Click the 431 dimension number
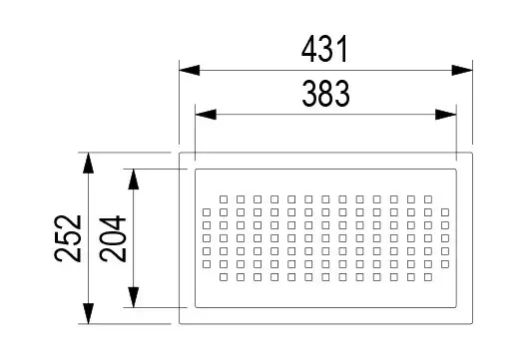pos(324,50)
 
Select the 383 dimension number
pos(325,94)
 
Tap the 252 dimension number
pos(68,238)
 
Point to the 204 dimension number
pos(113,238)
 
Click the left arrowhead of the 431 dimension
pos(190,71)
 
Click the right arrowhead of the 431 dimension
pos(462,71)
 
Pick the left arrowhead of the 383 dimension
pos(206,115)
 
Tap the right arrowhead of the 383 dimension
pos(446,115)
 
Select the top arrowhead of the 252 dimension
pos(88,163)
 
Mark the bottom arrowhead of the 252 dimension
pos(88,313)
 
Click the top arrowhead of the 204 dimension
pos(134,179)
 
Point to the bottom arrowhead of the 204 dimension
pos(134,297)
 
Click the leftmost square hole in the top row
pos(224,199)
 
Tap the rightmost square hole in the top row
pos(428,199)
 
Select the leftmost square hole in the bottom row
pos(224,277)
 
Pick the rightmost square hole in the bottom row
pos(428,277)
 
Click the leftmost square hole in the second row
pos(207,212)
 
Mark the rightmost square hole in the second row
pos(445,212)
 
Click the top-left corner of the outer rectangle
pos(179,153)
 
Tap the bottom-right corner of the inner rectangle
pos(456,307)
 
